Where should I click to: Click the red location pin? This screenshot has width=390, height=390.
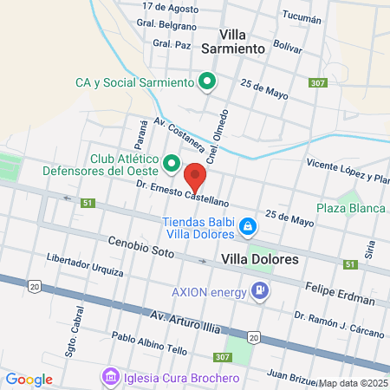196,177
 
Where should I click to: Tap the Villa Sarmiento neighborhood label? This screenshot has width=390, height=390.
232,42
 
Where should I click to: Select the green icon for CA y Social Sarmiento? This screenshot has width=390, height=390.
207,83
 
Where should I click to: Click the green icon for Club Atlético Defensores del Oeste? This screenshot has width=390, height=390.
172,163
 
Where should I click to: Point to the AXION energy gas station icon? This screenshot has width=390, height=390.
257,290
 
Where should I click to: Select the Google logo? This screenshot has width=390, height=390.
29,379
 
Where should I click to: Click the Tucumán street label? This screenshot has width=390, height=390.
301,17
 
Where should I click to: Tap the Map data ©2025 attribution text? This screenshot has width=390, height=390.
353,382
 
